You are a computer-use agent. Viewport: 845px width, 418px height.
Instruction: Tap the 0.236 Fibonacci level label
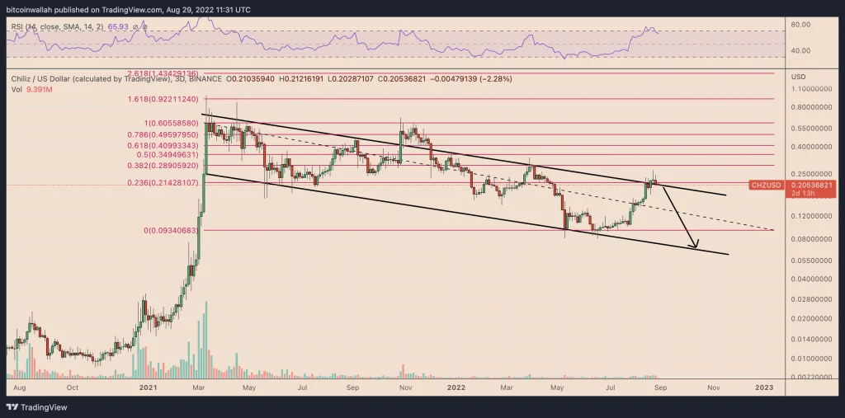(x=163, y=183)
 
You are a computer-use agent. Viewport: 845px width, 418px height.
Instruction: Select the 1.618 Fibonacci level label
(x=163, y=99)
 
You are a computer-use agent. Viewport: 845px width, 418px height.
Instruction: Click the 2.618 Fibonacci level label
(x=163, y=73)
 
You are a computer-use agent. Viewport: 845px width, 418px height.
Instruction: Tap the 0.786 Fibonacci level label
(x=163, y=134)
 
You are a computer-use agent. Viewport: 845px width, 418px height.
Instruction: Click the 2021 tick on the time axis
(x=149, y=385)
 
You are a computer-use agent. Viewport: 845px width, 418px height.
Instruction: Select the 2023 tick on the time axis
(x=765, y=385)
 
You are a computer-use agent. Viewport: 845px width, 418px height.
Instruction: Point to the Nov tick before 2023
(x=714, y=385)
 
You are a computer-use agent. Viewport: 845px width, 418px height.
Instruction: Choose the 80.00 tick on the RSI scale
(x=800, y=25)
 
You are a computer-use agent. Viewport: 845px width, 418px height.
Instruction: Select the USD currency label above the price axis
(x=798, y=77)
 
